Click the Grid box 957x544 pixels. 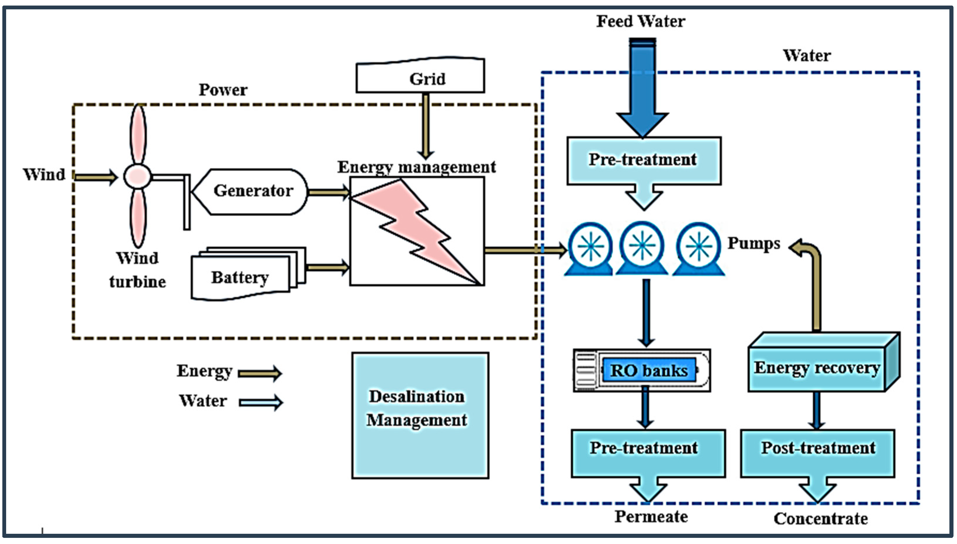click(420, 77)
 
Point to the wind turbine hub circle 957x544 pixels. click(137, 176)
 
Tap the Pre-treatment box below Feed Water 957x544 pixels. click(644, 160)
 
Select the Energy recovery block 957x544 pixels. click(818, 368)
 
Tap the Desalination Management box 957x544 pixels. click(420, 415)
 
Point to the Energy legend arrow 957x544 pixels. click(260, 373)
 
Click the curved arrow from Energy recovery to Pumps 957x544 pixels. click(816, 284)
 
